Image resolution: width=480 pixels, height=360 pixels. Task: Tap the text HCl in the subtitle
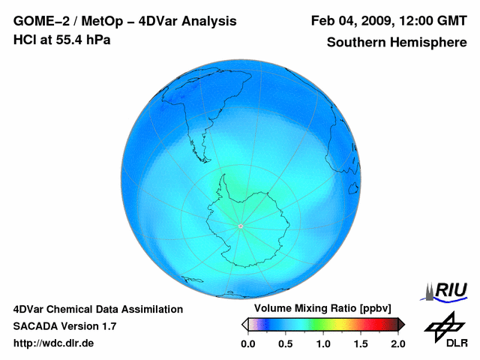pos(25,39)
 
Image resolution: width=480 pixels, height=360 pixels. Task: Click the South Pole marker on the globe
pos(240,226)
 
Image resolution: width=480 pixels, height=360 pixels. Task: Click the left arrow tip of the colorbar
pos(244,324)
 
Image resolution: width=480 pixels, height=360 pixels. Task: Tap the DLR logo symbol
pos(442,327)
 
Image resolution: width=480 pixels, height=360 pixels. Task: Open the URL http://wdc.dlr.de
pos(54,343)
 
